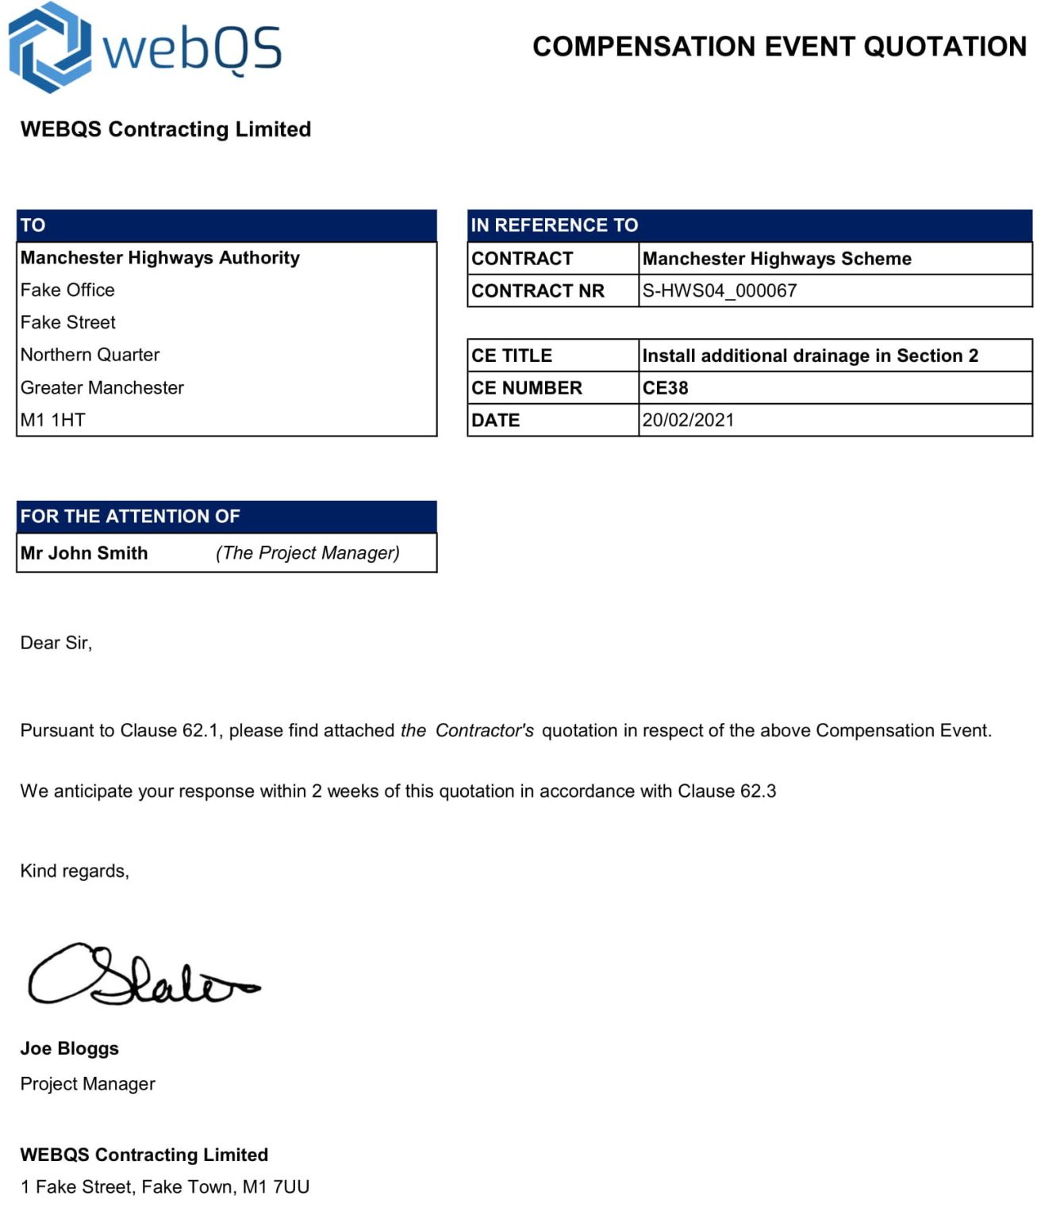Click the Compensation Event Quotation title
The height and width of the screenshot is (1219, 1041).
point(779,46)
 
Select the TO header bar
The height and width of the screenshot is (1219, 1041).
point(226,225)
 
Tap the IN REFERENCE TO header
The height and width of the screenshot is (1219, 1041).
point(749,225)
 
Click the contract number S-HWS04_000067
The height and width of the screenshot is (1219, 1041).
point(719,290)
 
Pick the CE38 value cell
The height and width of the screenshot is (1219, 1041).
point(665,388)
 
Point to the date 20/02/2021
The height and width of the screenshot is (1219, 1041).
point(688,420)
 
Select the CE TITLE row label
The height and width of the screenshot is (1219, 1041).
point(512,356)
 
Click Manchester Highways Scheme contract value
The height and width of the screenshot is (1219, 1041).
point(776,259)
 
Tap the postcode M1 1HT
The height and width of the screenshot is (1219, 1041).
point(52,420)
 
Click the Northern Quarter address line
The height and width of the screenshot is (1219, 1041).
point(90,355)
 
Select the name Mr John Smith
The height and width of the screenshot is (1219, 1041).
point(84,553)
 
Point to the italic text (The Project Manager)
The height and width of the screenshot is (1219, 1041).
point(307,553)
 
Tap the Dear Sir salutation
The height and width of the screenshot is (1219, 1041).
point(56,643)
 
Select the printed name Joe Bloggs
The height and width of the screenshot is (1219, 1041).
point(70,1048)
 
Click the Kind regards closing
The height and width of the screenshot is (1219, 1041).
point(75,871)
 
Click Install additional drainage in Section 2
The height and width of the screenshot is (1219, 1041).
point(809,356)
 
